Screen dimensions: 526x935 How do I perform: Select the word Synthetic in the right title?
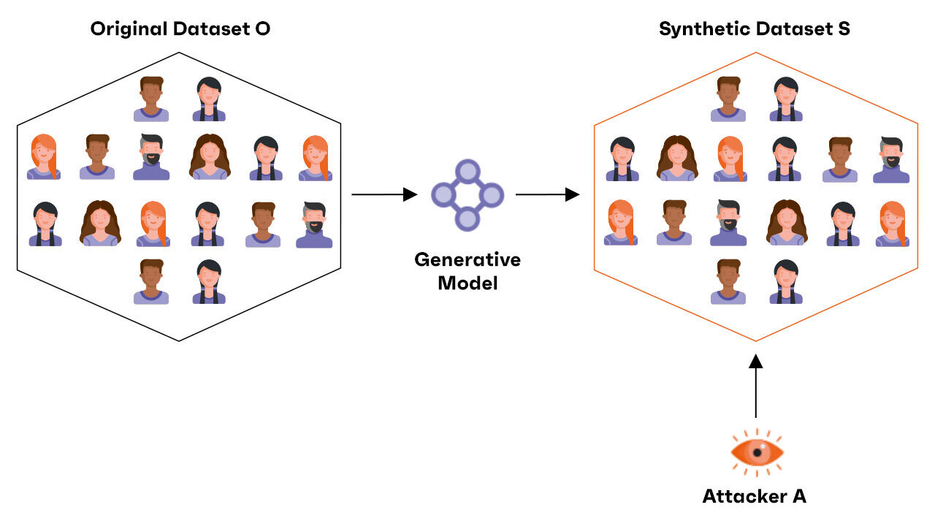pyautogui.click(x=698, y=29)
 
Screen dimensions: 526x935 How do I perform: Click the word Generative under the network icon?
pyautogui.click(x=467, y=259)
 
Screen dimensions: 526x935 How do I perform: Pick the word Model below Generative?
pyautogui.click(x=467, y=283)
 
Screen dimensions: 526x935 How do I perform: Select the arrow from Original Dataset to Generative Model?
pyautogui.click(x=384, y=194)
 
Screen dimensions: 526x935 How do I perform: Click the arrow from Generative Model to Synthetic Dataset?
pyautogui.click(x=547, y=194)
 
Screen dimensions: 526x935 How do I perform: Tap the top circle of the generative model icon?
pyautogui.click(x=467, y=172)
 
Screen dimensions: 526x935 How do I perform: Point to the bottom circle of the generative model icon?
pyautogui.click(x=467, y=218)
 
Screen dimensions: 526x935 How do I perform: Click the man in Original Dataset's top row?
pyautogui.click(x=151, y=99)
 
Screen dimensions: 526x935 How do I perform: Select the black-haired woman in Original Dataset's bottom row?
pyautogui.click(x=209, y=281)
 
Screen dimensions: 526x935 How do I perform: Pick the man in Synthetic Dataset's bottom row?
pyautogui.click(x=728, y=281)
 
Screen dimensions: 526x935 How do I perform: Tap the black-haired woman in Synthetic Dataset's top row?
pyautogui.click(x=786, y=99)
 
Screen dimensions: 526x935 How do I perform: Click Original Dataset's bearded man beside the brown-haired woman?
pyautogui.click(x=151, y=157)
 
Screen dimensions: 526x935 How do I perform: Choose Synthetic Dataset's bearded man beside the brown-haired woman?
pyautogui.click(x=728, y=223)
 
